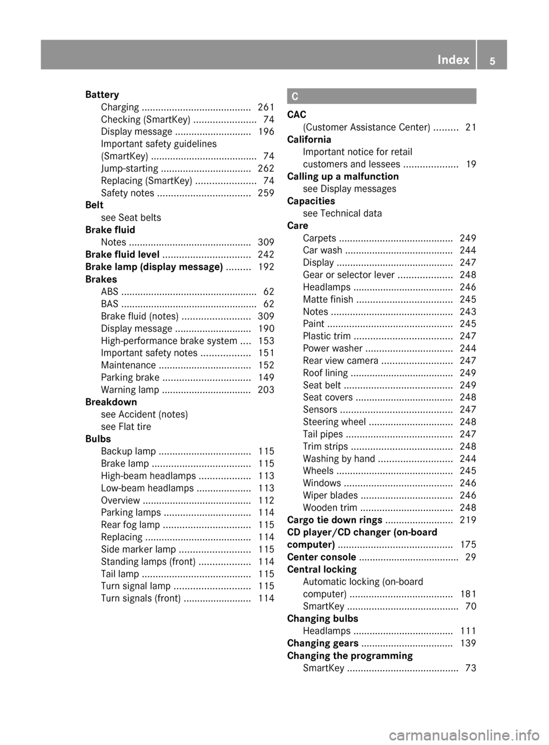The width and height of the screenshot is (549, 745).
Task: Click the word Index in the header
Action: click(453, 60)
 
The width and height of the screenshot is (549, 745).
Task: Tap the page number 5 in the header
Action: click(492, 61)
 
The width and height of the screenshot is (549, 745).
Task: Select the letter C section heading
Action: click(295, 97)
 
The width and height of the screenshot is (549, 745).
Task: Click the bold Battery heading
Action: click(102, 95)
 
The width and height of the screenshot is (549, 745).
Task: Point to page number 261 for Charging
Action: click(266, 108)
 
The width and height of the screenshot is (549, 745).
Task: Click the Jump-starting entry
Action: click(129, 169)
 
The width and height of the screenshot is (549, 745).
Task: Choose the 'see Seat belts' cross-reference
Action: click(131, 218)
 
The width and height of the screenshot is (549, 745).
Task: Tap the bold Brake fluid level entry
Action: click(122, 255)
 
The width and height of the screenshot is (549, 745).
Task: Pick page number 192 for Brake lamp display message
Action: click(266, 267)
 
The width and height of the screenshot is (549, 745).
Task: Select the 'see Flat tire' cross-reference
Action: click(126, 427)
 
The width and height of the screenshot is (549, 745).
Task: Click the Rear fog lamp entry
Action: click(130, 525)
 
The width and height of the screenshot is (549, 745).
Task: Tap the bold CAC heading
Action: click(297, 115)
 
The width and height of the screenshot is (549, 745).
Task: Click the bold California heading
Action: click(309, 140)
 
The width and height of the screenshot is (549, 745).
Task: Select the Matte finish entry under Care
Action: click(328, 300)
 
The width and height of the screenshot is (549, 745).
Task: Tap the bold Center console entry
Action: click(321, 557)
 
